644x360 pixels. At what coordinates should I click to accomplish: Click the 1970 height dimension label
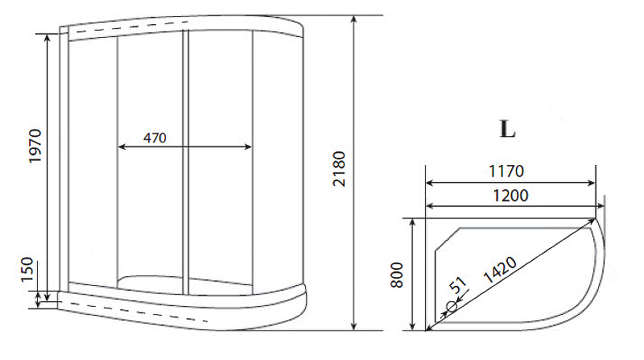[x=35, y=146]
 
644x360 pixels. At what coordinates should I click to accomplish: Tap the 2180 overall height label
[x=339, y=169]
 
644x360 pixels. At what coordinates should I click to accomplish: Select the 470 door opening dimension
[x=155, y=138]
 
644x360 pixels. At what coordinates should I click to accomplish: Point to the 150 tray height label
[x=27, y=270]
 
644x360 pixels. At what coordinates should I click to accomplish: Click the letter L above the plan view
[x=507, y=129]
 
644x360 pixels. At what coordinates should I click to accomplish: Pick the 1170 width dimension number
[x=506, y=171]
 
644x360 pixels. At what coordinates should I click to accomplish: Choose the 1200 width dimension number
[x=510, y=195]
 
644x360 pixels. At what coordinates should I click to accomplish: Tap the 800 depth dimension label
[x=397, y=275]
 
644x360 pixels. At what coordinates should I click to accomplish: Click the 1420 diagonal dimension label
[x=500, y=270]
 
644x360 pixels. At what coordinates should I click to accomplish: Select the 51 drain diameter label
[x=458, y=284]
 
